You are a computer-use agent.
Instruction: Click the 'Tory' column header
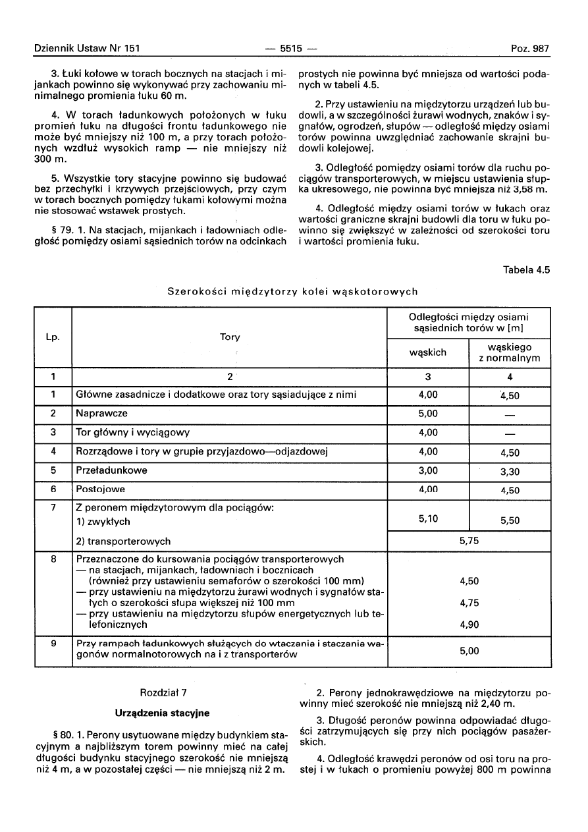tap(230, 337)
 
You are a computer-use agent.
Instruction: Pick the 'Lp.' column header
tap(53, 337)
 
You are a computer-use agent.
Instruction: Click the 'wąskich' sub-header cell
tap(428, 352)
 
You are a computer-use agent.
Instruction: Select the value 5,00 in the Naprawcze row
tap(428, 414)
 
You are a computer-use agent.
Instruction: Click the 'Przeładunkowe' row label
tap(111, 470)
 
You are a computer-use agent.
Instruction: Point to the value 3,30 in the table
tap(510, 472)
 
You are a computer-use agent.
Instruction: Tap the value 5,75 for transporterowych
tap(468, 540)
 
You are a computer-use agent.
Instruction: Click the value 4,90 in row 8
tap(468, 624)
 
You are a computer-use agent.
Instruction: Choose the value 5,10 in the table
tap(428, 519)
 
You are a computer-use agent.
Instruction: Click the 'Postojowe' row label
tap(100, 489)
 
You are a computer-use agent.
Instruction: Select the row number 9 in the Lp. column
tap(53, 643)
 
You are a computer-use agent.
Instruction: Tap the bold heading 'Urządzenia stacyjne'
tap(162, 713)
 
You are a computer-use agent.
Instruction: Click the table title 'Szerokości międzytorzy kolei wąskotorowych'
tap(292, 291)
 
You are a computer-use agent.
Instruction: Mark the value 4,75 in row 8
tap(468, 603)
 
